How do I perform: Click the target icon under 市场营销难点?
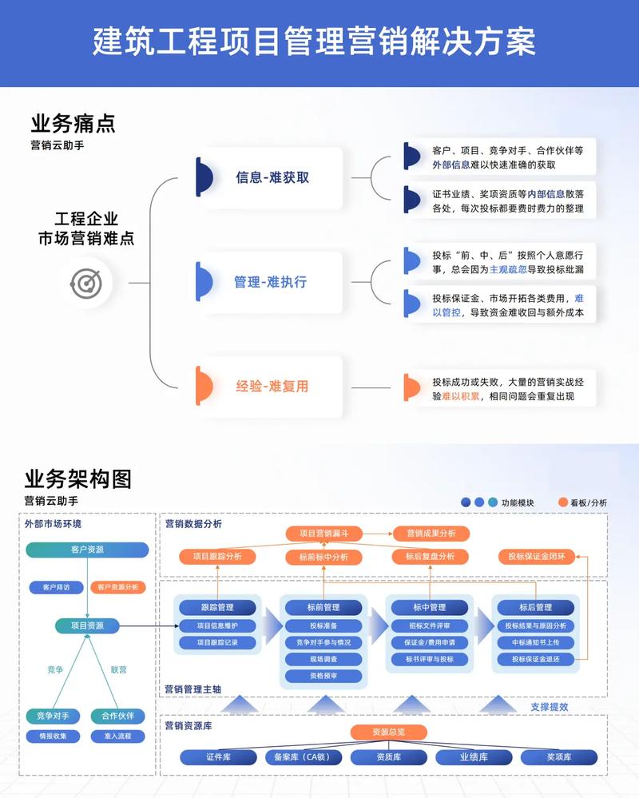pos(85,282)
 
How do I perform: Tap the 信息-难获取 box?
pos(272,177)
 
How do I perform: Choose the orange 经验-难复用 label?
pos(272,387)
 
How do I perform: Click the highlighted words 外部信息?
pos(450,165)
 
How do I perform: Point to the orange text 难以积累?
pos(462,396)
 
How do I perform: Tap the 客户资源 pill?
pos(87,550)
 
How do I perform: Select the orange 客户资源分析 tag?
pos(117,587)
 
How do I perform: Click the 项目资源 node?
pos(87,625)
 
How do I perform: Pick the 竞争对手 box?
pos(54,716)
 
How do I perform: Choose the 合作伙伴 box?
pos(117,716)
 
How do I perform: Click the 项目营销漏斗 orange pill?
pos(323,533)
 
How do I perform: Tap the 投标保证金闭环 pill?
pos(537,556)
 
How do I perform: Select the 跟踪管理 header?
pos(217,608)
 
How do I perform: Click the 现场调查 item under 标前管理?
pos(323,659)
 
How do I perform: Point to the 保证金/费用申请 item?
pos(430,642)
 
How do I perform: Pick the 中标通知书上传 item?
pos(536,642)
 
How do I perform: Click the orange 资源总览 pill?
pos(388,732)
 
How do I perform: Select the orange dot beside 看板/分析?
pos(564,502)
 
